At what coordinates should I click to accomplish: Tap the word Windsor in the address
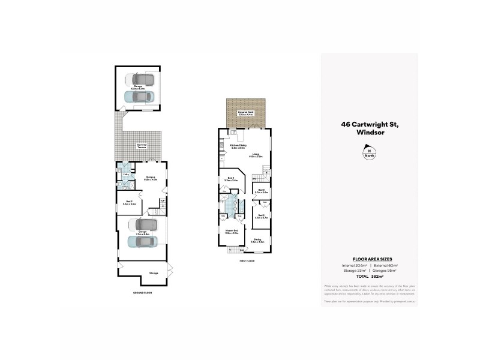(370, 132)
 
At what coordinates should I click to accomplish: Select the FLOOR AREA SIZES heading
(369, 258)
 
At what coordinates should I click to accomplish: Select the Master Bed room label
(231, 231)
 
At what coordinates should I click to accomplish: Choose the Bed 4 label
(231, 178)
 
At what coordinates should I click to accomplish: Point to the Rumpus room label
(151, 178)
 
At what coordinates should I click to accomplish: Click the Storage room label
(154, 273)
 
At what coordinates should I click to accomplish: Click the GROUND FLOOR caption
(143, 293)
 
